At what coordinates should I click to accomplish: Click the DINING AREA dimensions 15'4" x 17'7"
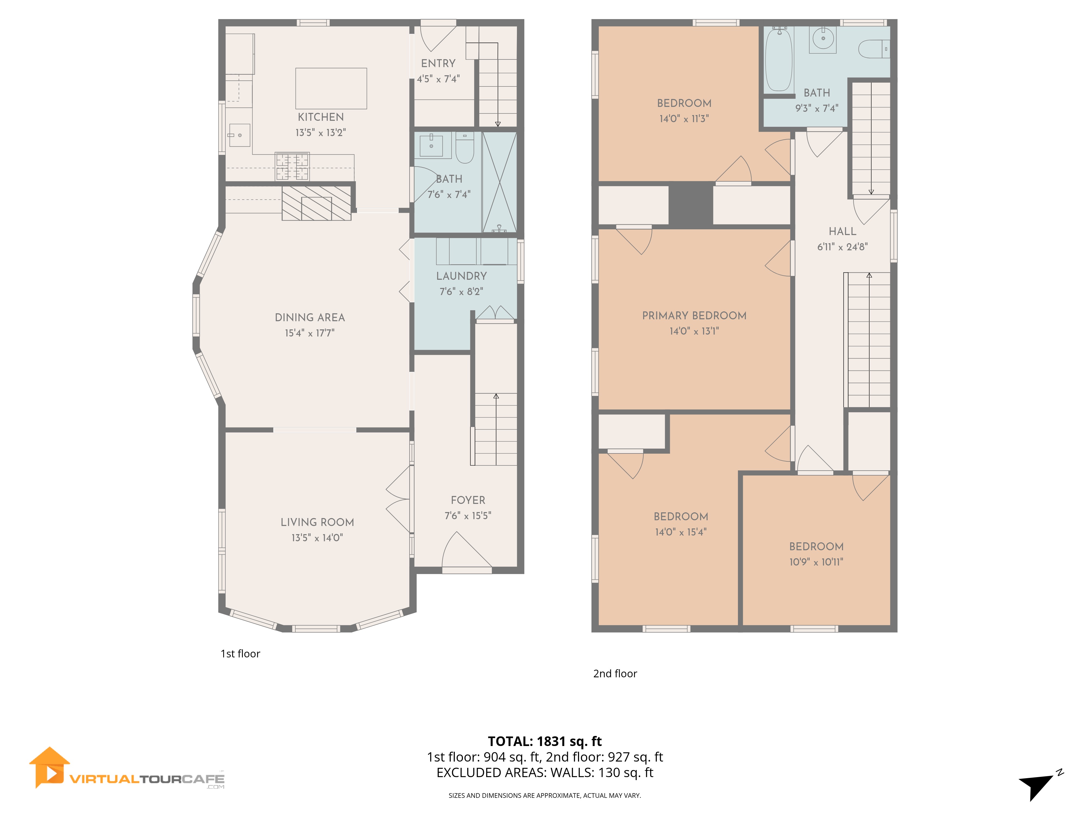310,333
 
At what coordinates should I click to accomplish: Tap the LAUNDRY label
461,276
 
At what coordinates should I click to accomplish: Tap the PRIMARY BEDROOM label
694,315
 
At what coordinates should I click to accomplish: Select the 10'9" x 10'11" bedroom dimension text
816,562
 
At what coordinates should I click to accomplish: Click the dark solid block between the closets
690,204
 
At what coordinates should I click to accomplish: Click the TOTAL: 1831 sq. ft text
544,741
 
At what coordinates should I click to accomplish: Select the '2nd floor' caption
614,673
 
